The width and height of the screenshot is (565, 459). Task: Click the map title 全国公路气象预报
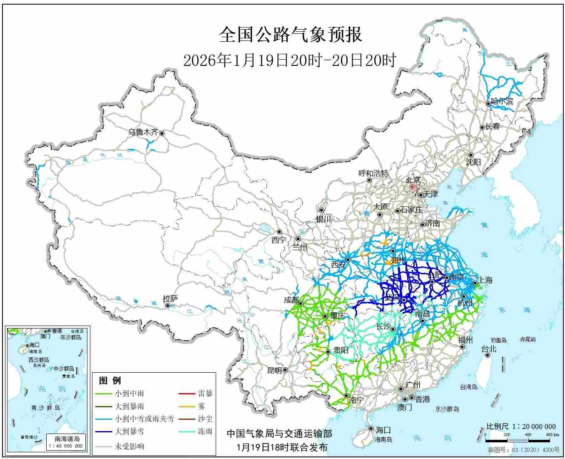tap(290, 35)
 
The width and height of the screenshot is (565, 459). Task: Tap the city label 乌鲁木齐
tap(143, 132)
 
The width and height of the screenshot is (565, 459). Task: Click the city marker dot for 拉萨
tap(168, 306)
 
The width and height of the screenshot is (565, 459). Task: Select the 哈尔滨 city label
tap(502, 101)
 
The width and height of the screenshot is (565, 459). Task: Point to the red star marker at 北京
tap(412, 187)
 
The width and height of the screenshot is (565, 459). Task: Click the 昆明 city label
tap(274, 370)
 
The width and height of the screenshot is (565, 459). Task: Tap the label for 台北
tap(489, 349)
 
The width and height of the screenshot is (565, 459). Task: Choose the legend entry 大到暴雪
tap(129, 431)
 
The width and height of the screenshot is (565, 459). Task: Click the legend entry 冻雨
tap(205, 431)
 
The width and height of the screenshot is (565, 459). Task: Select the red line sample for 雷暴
tap(187, 394)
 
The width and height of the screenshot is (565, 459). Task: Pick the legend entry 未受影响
tap(129, 446)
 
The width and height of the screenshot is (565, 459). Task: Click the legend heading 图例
tap(110, 381)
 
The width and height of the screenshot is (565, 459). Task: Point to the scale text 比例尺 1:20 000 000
tap(521, 426)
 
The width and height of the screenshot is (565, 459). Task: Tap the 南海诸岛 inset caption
tap(67, 439)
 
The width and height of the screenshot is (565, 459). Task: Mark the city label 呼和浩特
tap(373, 173)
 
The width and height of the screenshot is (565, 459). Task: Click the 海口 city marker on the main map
tap(371, 429)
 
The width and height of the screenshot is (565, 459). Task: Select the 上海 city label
tap(485, 280)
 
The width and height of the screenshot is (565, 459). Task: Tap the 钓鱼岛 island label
tap(498, 340)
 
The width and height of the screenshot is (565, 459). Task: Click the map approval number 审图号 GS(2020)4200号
tap(524, 450)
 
